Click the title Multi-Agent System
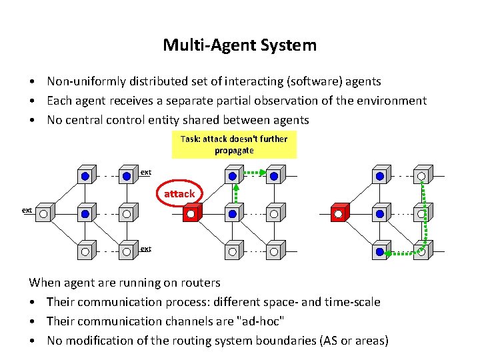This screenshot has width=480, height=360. [239, 45]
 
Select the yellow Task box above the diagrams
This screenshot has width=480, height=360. [233, 144]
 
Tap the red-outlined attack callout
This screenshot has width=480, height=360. [179, 193]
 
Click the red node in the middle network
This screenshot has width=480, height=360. [191, 214]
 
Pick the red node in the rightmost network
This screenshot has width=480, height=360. [339, 214]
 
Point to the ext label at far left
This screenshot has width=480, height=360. [27, 210]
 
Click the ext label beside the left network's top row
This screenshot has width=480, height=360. [145, 172]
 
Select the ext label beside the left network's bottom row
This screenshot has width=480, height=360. [145, 249]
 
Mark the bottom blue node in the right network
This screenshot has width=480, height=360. [379, 253]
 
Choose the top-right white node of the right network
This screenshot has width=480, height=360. [421, 177]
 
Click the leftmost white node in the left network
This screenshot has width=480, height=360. [43, 214]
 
